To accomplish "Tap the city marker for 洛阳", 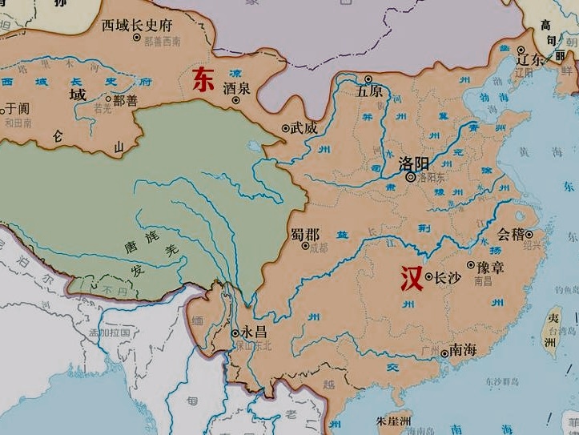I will pos(411,178).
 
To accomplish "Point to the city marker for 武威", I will pos(285,128).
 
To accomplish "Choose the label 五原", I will pos(369,91).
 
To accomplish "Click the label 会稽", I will pos(510,234).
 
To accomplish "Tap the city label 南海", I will pos(464,350).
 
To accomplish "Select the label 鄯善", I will pos(126,99).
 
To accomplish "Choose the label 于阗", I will pos(17,107).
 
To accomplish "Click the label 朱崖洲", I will pos(393,421).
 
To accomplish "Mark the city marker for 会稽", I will pos(529,234).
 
